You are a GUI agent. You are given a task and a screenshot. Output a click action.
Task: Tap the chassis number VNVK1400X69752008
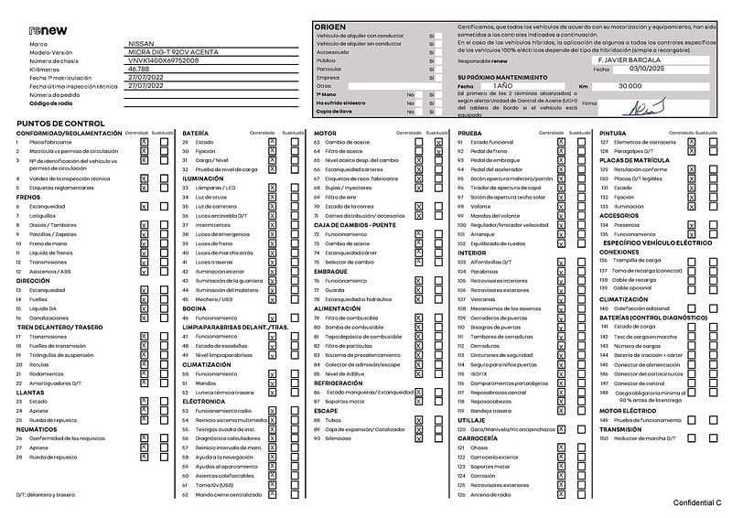click(163, 60)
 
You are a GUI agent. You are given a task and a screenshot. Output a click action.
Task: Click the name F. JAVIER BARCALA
click(635, 59)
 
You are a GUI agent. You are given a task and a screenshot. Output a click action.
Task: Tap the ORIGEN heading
click(331, 27)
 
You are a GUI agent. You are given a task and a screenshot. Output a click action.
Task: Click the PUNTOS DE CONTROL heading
click(60, 123)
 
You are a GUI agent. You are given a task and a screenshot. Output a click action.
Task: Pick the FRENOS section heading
click(28, 197)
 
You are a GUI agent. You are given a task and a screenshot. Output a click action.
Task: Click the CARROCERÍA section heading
click(478, 437)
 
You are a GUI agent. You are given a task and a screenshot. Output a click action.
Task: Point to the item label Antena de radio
click(493, 495)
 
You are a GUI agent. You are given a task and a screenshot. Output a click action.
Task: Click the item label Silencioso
click(339, 437)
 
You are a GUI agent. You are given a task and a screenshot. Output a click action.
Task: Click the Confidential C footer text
click(697, 503)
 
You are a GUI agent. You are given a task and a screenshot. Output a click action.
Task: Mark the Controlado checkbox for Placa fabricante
click(144, 143)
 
